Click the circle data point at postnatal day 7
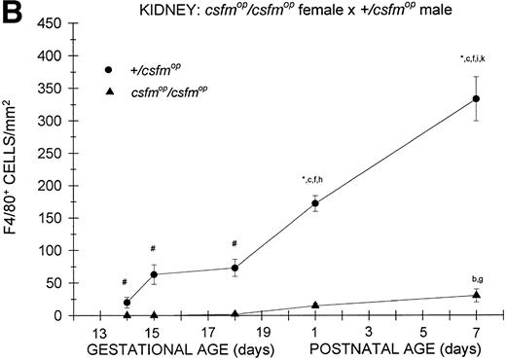(476, 98)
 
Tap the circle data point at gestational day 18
(235, 268)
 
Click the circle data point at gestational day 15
(154, 274)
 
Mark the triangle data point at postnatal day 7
(476, 295)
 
